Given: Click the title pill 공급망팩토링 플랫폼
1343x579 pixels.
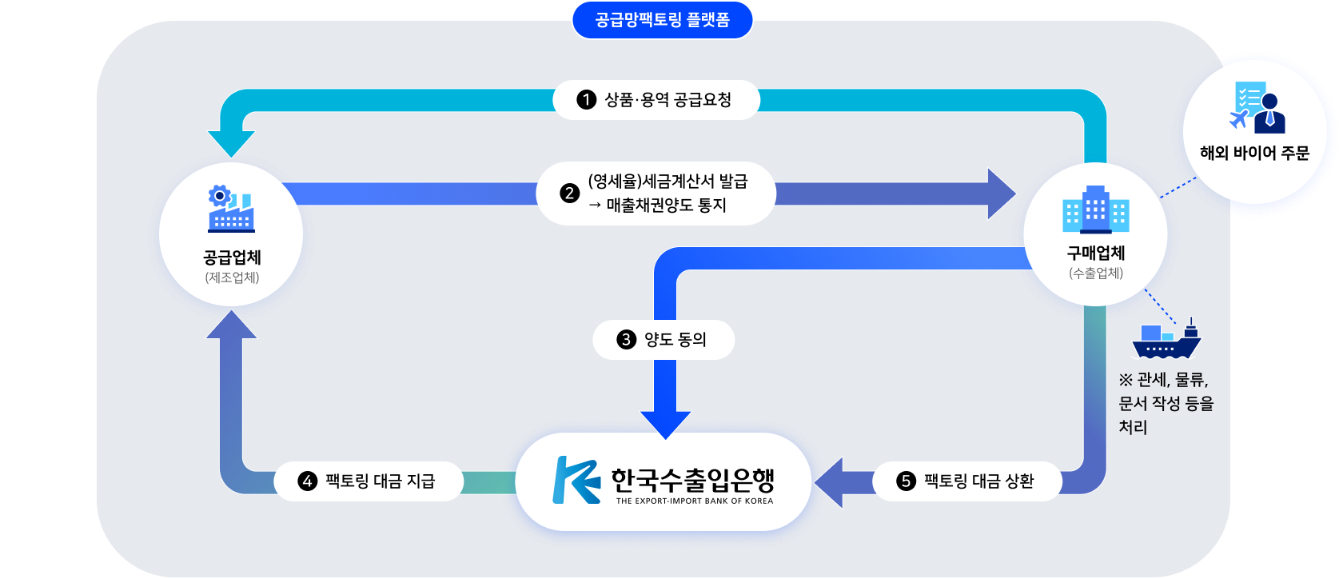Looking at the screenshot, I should (662, 20).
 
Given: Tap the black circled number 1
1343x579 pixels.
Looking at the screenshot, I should (587, 100).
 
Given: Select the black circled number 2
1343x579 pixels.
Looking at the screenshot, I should (569, 194).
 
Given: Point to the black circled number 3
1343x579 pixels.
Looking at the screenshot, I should (626, 340).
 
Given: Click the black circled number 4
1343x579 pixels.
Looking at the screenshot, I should (308, 481).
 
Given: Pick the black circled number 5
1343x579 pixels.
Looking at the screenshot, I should (906, 481).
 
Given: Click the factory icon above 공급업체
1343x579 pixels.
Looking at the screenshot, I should (231, 209).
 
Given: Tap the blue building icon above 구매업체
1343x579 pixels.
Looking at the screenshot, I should (1095, 210).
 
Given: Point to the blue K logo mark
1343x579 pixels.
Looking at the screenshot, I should (576, 480).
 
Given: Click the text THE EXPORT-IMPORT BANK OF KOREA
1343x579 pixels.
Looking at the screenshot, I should (694, 501).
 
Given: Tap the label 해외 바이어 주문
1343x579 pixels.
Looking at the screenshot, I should (1254, 153).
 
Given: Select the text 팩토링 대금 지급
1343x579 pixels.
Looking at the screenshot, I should (380, 481).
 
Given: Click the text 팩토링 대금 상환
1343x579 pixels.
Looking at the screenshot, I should (978, 481).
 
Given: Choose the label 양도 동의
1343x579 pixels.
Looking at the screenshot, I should (675, 340).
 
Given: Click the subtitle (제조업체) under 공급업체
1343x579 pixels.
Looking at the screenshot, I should (232, 278).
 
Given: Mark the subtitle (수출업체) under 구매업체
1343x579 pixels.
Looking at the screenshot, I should (1095, 274).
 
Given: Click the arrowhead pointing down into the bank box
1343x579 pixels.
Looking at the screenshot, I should (665, 424).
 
